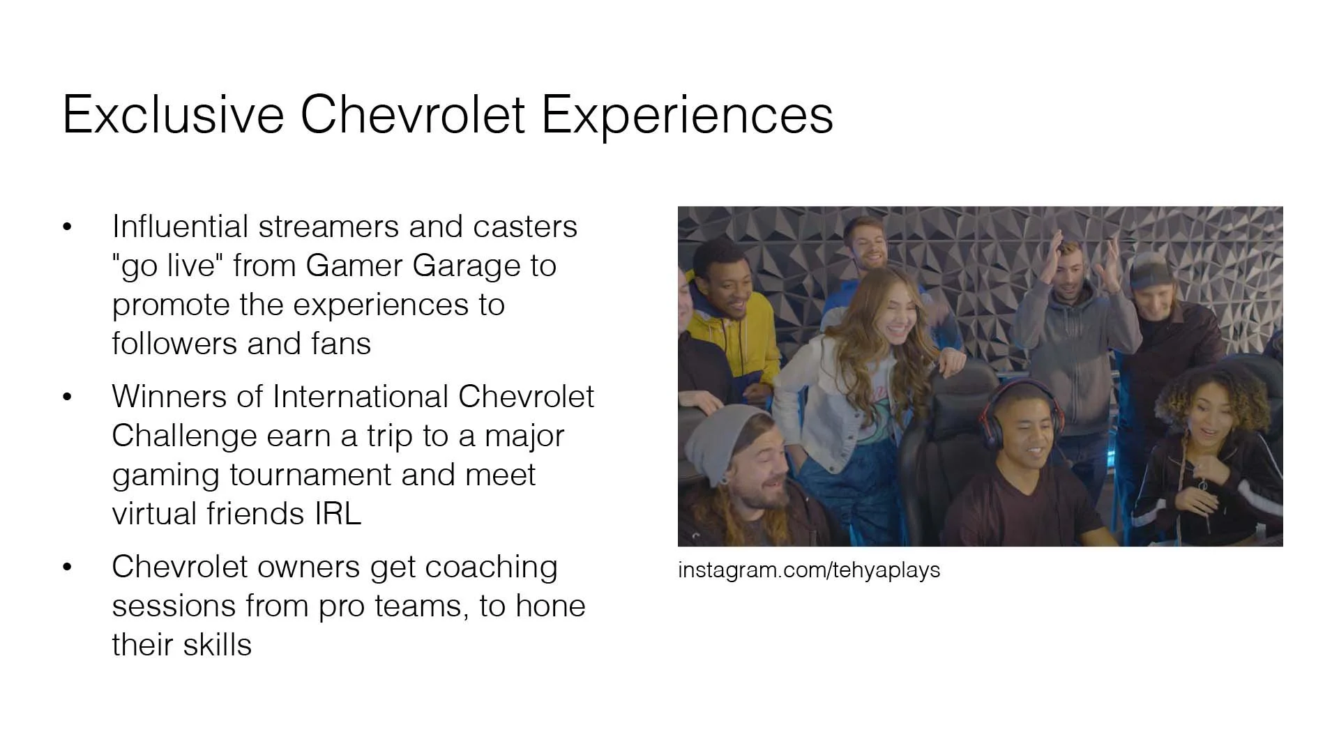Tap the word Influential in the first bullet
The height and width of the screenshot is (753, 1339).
(180, 227)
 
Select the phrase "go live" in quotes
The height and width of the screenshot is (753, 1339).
(167, 266)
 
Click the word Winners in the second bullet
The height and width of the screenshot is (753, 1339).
(168, 397)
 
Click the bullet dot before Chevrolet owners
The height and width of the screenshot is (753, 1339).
(67, 567)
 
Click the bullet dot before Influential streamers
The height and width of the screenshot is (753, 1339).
(67, 227)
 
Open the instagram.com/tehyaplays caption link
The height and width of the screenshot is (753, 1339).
(808, 570)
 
